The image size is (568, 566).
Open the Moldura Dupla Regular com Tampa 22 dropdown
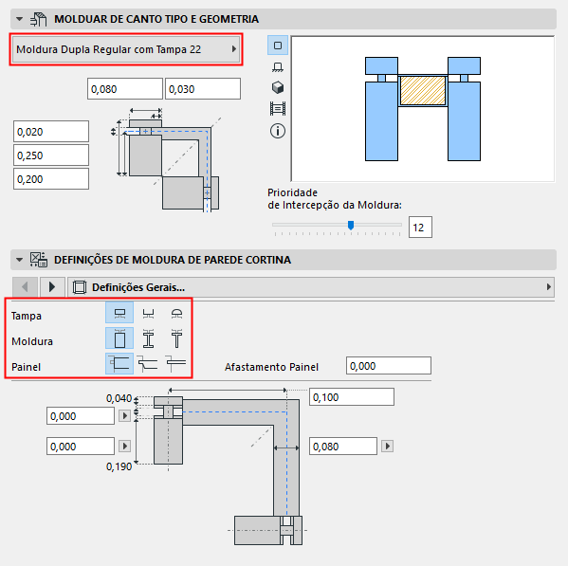(x=125, y=48)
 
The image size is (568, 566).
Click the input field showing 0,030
(x=202, y=89)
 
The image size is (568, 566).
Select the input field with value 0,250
(x=50, y=155)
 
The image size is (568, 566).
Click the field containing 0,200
(x=50, y=179)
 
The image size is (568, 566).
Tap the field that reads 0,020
(x=50, y=132)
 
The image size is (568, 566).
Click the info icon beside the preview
(x=278, y=130)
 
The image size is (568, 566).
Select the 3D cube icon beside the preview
(x=278, y=87)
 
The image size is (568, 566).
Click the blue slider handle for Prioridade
(x=351, y=226)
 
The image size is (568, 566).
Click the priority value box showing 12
(x=420, y=227)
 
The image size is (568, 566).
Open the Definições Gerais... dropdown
(x=313, y=286)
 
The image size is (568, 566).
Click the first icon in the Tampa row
(x=119, y=314)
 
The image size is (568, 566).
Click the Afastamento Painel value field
(x=389, y=366)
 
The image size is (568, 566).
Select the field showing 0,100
(x=351, y=397)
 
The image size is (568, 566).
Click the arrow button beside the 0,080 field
(x=386, y=447)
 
